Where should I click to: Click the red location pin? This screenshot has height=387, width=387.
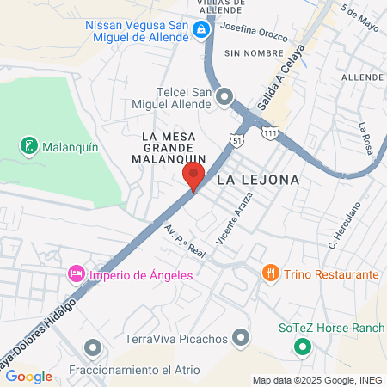coord(193,176)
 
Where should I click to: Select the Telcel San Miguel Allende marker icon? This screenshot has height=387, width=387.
coord(225,96)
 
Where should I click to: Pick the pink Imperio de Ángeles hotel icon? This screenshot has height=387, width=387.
coord(76,275)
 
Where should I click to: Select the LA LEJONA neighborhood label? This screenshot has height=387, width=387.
coord(258,180)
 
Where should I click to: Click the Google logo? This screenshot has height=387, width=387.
coord(28,376)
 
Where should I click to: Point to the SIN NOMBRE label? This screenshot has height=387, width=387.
coord(242,53)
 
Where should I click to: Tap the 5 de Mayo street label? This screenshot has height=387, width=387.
coord(359,19)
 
